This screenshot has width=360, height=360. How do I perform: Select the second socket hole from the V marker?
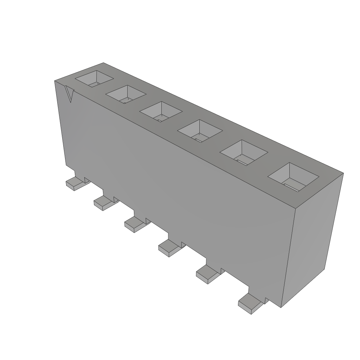coord(126,94)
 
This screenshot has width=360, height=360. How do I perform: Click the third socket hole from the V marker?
coord(161,112)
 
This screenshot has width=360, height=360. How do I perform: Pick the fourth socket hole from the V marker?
coord(200,131)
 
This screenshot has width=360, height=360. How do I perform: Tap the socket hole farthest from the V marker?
coord(293,176)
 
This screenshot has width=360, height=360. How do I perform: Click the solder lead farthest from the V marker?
coord(250,303)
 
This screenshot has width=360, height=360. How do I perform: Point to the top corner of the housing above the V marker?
coord(55,81)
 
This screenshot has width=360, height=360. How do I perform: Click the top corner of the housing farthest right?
coord(343,173)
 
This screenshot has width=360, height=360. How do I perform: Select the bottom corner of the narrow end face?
coord(282,308)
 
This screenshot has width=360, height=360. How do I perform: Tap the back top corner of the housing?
coord(103,63)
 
